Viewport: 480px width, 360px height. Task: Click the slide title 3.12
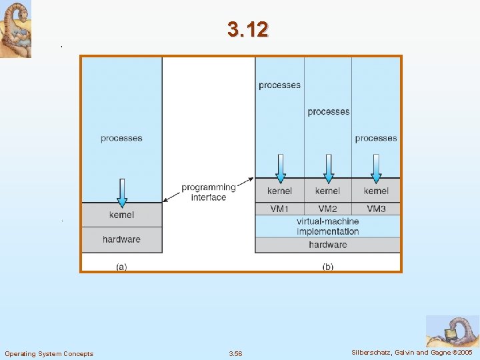[x=247, y=30]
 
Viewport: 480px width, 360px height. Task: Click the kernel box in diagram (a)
[x=121, y=215]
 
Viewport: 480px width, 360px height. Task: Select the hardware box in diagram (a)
[x=121, y=239]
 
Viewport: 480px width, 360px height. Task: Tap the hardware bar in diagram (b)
[x=327, y=245]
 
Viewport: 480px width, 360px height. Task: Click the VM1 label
[x=279, y=209]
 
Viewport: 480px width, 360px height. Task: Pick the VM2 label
[x=327, y=209]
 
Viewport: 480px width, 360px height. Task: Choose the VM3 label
[x=376, y=209]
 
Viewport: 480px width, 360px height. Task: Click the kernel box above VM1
[x=279, y=191]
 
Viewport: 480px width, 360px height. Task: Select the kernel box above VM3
[x=376, y=191]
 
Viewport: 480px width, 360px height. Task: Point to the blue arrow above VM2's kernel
[x=328, y=168]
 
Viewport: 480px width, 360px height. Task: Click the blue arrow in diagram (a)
[x=122, y=192]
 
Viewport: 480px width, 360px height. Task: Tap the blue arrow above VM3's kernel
[x=376, y=168]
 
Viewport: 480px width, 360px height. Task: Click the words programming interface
[x=209, y=192]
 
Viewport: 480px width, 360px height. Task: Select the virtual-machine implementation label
[x=328, y=226]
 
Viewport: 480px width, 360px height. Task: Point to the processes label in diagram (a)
[x=121, y=138]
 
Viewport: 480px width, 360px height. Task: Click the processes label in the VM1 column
[x=279, y=85]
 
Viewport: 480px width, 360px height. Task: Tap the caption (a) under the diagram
[x=121, y=267]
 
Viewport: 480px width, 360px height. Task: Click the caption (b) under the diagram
[x=328, y=267]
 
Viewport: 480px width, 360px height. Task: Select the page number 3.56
[x=236, y=353]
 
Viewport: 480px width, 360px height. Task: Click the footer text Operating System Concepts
[x=49, y=353]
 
